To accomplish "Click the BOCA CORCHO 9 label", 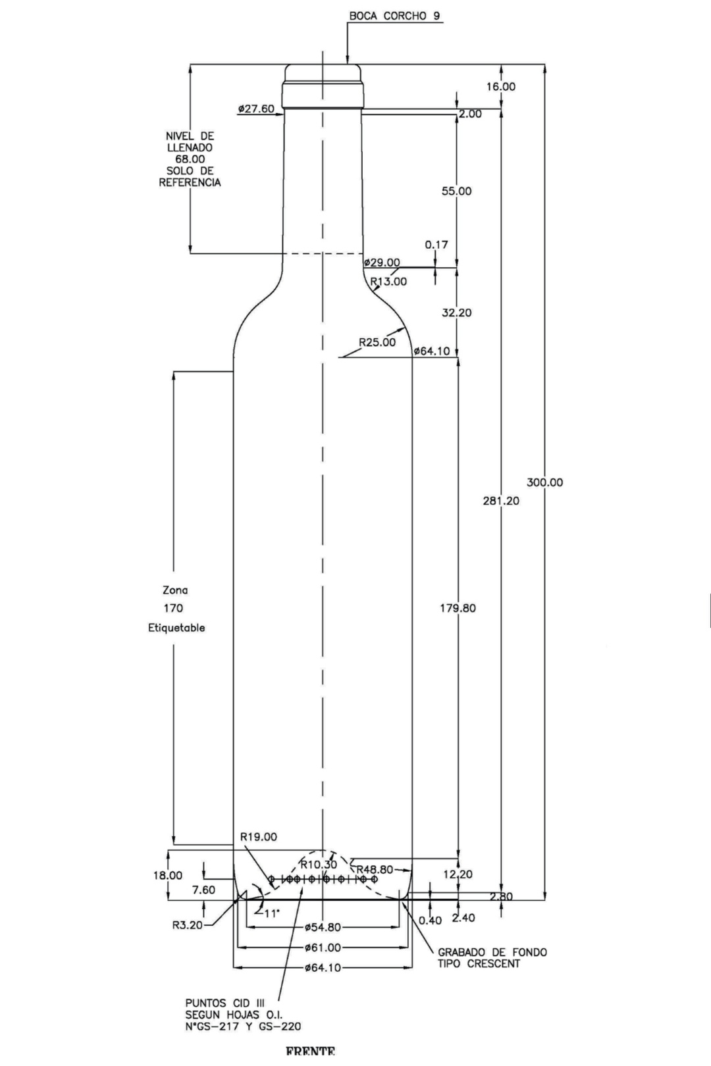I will (394, 16).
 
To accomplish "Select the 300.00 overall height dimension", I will (544, 482).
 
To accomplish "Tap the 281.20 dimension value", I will (501, 501).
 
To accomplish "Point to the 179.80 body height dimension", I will (458, 608).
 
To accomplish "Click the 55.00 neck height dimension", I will (456, 191).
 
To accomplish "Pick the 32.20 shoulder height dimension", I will (456, 313).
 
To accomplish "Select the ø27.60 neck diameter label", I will (256, 109).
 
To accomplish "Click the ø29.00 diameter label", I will (382, 263).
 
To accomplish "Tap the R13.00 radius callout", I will (388, 282).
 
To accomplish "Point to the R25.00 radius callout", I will (377, 342).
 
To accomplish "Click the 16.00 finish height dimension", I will (501, 86).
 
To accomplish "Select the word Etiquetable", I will (176, 628).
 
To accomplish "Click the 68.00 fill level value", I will (190, 159).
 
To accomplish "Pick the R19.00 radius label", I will (258, 837).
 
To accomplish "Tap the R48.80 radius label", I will (375, 869).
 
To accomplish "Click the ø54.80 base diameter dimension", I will (323, 928).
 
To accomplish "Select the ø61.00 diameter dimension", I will (323, 948).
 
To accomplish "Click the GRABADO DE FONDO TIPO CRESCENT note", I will (492, 958).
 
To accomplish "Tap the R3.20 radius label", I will (187, 925).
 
